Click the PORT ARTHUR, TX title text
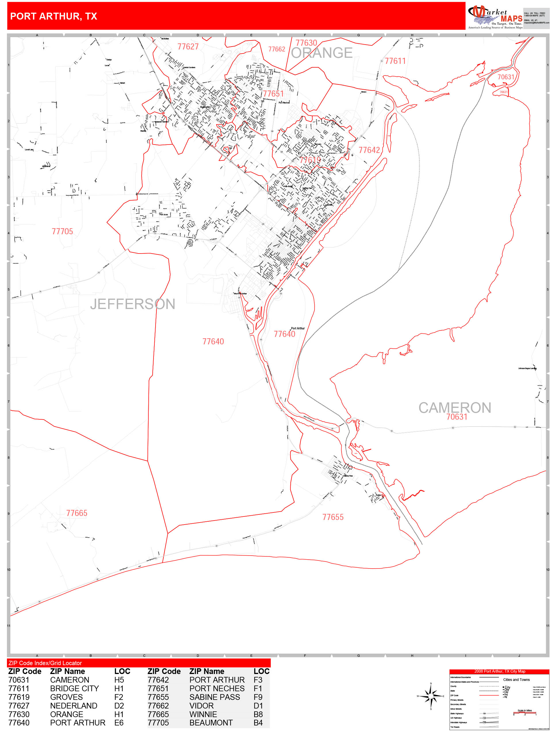(x=53, y=16)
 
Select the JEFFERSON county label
(x=133, y=304)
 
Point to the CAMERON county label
(x=454, y=408)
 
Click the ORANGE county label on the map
(x=321, y=53)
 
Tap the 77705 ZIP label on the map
(x=62, y=231)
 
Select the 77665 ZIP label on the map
(x=76, y=513)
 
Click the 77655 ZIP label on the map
(x=333, y=517)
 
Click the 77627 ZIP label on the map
(x=188, y=47)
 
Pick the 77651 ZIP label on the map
(x=273, y=94)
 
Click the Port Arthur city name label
(x=298, y=328)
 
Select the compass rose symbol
(x=431, y=696)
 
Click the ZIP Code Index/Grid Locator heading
(x=45, y=663)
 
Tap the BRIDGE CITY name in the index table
(x=74, y=688)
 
